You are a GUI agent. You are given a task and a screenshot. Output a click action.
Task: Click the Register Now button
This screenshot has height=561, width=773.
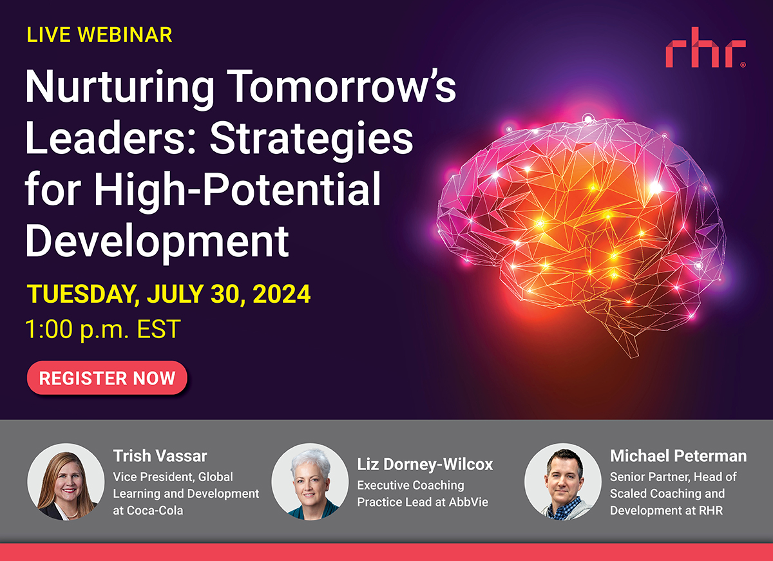pos(107,377)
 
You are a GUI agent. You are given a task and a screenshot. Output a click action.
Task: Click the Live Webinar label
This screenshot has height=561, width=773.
pos(99,35)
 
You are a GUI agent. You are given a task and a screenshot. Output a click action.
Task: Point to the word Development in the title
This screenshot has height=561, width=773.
pos(157,240)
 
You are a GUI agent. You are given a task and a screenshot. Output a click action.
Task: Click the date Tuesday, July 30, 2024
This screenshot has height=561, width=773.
pos(169,294)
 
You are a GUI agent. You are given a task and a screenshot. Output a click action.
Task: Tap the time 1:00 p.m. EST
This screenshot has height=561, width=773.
pos(102,329)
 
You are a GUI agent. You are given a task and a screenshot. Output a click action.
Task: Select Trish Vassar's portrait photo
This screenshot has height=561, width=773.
pos(66,481)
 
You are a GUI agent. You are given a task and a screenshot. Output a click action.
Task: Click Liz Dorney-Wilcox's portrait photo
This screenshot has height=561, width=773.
pos(310,481)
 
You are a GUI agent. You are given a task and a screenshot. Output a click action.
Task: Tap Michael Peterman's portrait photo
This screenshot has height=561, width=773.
pos(563,481)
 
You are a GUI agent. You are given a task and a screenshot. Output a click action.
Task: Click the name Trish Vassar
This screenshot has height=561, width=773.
pos(160,457)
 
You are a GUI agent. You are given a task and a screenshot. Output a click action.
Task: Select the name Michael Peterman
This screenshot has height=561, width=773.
pos(678,457)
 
